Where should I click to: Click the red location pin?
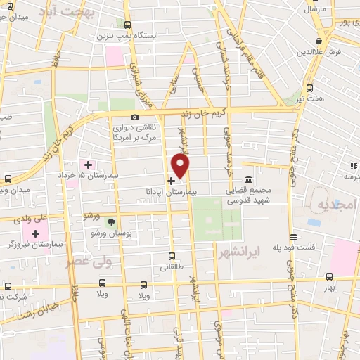(x=181, y=166)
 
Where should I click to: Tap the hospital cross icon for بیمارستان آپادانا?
(x=172, y=181)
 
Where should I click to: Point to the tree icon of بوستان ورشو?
(x=111, y=222)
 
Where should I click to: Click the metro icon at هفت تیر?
(x=310, y=88)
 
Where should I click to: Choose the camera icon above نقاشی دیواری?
(x=134, y=117)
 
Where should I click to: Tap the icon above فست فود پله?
(x=293, y=238)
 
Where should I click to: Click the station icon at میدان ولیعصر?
(x=8, y=179)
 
